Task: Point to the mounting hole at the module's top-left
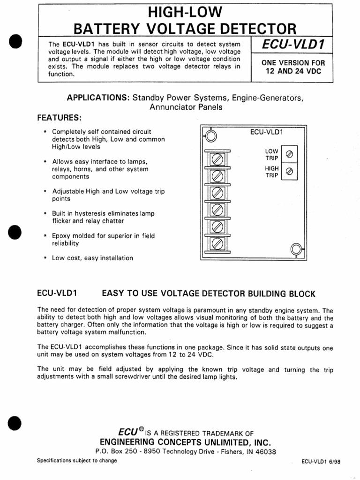[x=210, y=136]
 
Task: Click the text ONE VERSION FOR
[x=292, y=63]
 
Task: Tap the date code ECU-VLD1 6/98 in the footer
[x=321, y=461]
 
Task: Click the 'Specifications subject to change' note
[x=77, y=461]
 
